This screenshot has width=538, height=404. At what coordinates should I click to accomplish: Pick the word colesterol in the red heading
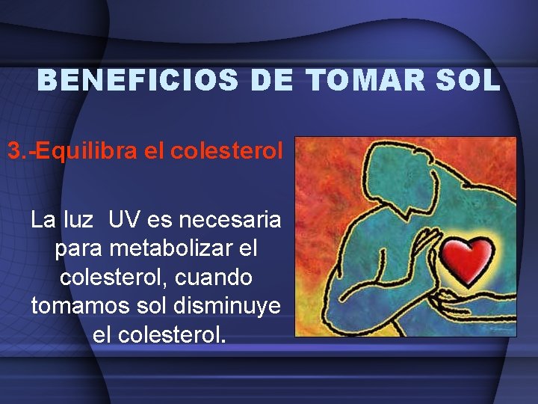click(x=227, y=151)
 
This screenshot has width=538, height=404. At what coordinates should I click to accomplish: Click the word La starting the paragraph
click(x=42, y=220)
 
